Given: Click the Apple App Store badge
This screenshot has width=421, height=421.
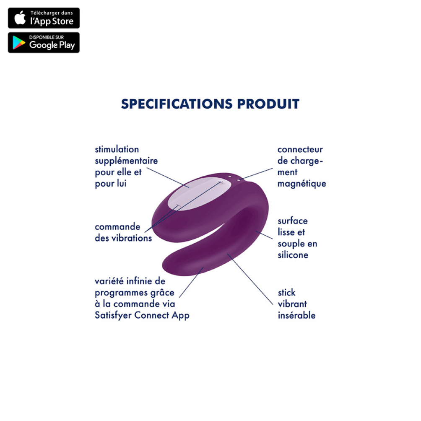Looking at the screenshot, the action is coord(44,18).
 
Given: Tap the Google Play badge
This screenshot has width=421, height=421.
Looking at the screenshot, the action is coord(44,43).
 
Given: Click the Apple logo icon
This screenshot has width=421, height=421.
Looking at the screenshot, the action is coord(20,18).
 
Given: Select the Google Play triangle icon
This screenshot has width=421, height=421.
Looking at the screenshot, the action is coord(19,43).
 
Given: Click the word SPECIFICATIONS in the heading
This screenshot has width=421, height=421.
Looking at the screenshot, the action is coord(177,104).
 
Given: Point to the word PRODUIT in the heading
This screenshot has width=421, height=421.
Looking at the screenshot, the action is coord(268,104).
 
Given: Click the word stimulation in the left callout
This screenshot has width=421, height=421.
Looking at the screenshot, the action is coord(117,149).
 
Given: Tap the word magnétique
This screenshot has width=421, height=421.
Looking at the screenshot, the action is coord(302,184).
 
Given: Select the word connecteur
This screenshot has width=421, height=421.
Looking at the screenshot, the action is coord(300,150).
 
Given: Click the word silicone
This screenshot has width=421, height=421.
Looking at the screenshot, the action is coord(293,255).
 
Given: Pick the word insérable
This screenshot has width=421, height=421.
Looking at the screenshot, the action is coord(297,315).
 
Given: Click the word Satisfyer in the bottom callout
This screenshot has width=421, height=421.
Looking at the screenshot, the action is coord(113,315).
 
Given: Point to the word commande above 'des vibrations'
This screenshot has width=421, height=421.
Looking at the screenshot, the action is coord(117,227).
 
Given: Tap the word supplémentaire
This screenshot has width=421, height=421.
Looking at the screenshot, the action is coord(126,161).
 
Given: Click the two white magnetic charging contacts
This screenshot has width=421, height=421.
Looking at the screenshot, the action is coord(234,178).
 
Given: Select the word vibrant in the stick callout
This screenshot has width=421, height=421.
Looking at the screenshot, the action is coord(292,304).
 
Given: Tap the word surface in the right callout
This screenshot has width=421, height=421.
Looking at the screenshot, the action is coord(293,221).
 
